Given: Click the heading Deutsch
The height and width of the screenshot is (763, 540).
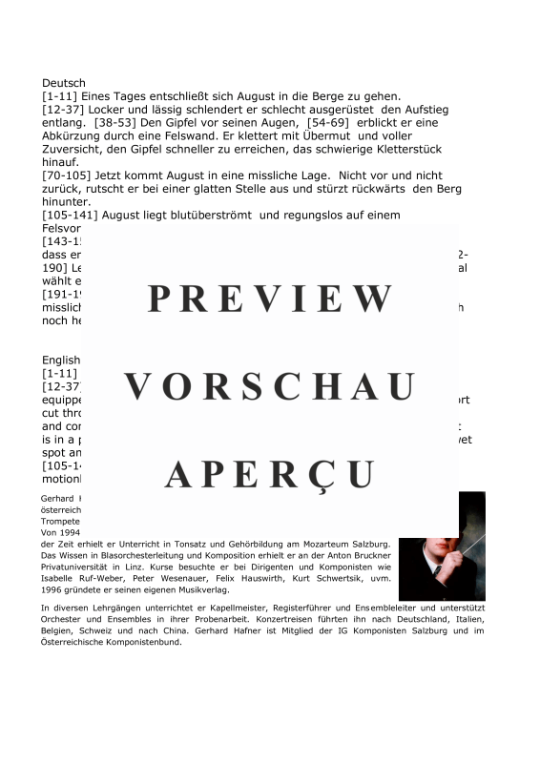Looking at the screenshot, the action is click(x=64, y=83).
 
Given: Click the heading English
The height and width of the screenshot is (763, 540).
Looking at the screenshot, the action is click(x=62, y=361).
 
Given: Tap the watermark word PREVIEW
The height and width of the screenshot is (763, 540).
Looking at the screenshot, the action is click(x=270, y=299).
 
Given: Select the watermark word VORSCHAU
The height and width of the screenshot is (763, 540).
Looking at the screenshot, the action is click(x=270, y=386).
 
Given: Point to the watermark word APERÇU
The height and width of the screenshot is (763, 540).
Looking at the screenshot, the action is click(x=270, y=473).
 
